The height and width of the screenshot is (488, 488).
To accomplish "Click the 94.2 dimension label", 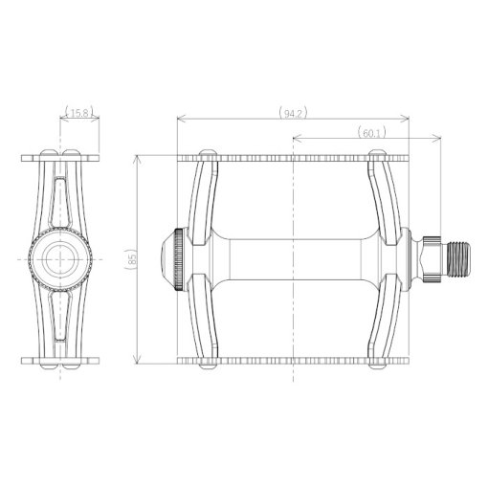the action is tap(293, 114).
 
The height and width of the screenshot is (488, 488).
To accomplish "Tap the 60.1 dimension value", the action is tap(371, 133).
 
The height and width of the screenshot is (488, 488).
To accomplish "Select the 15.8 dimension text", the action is tap(79, 113).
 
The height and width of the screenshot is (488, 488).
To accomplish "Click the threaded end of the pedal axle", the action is tap(459, 259).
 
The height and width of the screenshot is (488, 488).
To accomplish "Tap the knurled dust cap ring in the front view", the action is tap(179, 259).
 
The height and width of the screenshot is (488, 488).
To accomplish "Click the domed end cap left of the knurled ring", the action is tap(168, 259).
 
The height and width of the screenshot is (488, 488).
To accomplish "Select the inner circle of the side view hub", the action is tap(60, 259).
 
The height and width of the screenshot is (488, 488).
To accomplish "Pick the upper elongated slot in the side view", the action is tap(60, 200).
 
